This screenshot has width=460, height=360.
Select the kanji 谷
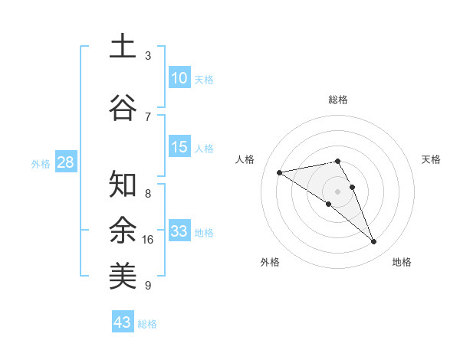(123, 106)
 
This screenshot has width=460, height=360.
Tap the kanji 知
(123, 185)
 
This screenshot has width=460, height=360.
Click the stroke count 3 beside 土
(148, 56)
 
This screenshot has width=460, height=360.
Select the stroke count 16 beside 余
(148, 240)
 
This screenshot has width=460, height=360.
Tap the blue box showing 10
(179, 78)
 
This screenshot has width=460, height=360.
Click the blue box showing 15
(179, 147)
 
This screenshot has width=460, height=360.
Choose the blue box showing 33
(179, 231)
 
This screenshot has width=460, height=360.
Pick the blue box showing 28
(65, 162)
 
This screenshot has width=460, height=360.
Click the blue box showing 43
(123, 322)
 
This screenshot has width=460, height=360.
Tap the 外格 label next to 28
(41, 163)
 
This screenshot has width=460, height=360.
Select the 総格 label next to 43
(147, 323)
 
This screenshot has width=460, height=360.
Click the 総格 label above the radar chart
(338, 100)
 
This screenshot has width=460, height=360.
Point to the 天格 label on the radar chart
(431, 159)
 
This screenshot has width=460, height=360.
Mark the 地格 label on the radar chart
(402, 262)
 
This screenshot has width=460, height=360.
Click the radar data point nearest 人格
(280, 172)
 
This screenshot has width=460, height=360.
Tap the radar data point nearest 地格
(374, 242)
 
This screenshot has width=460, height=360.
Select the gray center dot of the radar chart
(338, 191)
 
